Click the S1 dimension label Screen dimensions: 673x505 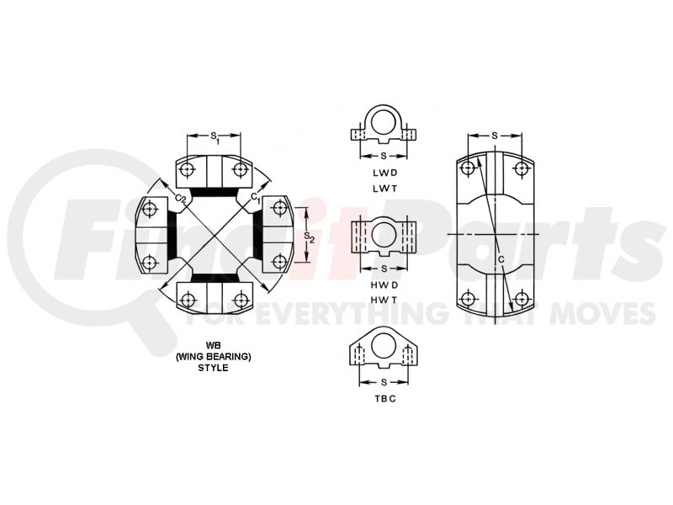click(x=215, y=137)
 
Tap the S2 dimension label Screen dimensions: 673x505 click(x=309, y=237)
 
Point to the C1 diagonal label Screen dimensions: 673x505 click(x=256, y=198)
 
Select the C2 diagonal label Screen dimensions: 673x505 click(x=181, y=198)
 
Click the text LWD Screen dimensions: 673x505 click(x=385, y=173)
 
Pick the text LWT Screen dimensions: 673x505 click(x=385, y=188)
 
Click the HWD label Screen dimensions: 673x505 click(x=385, y=284)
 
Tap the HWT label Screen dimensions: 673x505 click(x=385, y=300)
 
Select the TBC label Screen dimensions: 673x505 click(x=385, y=398)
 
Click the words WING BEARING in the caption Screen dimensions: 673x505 click(x=214, y=356)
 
